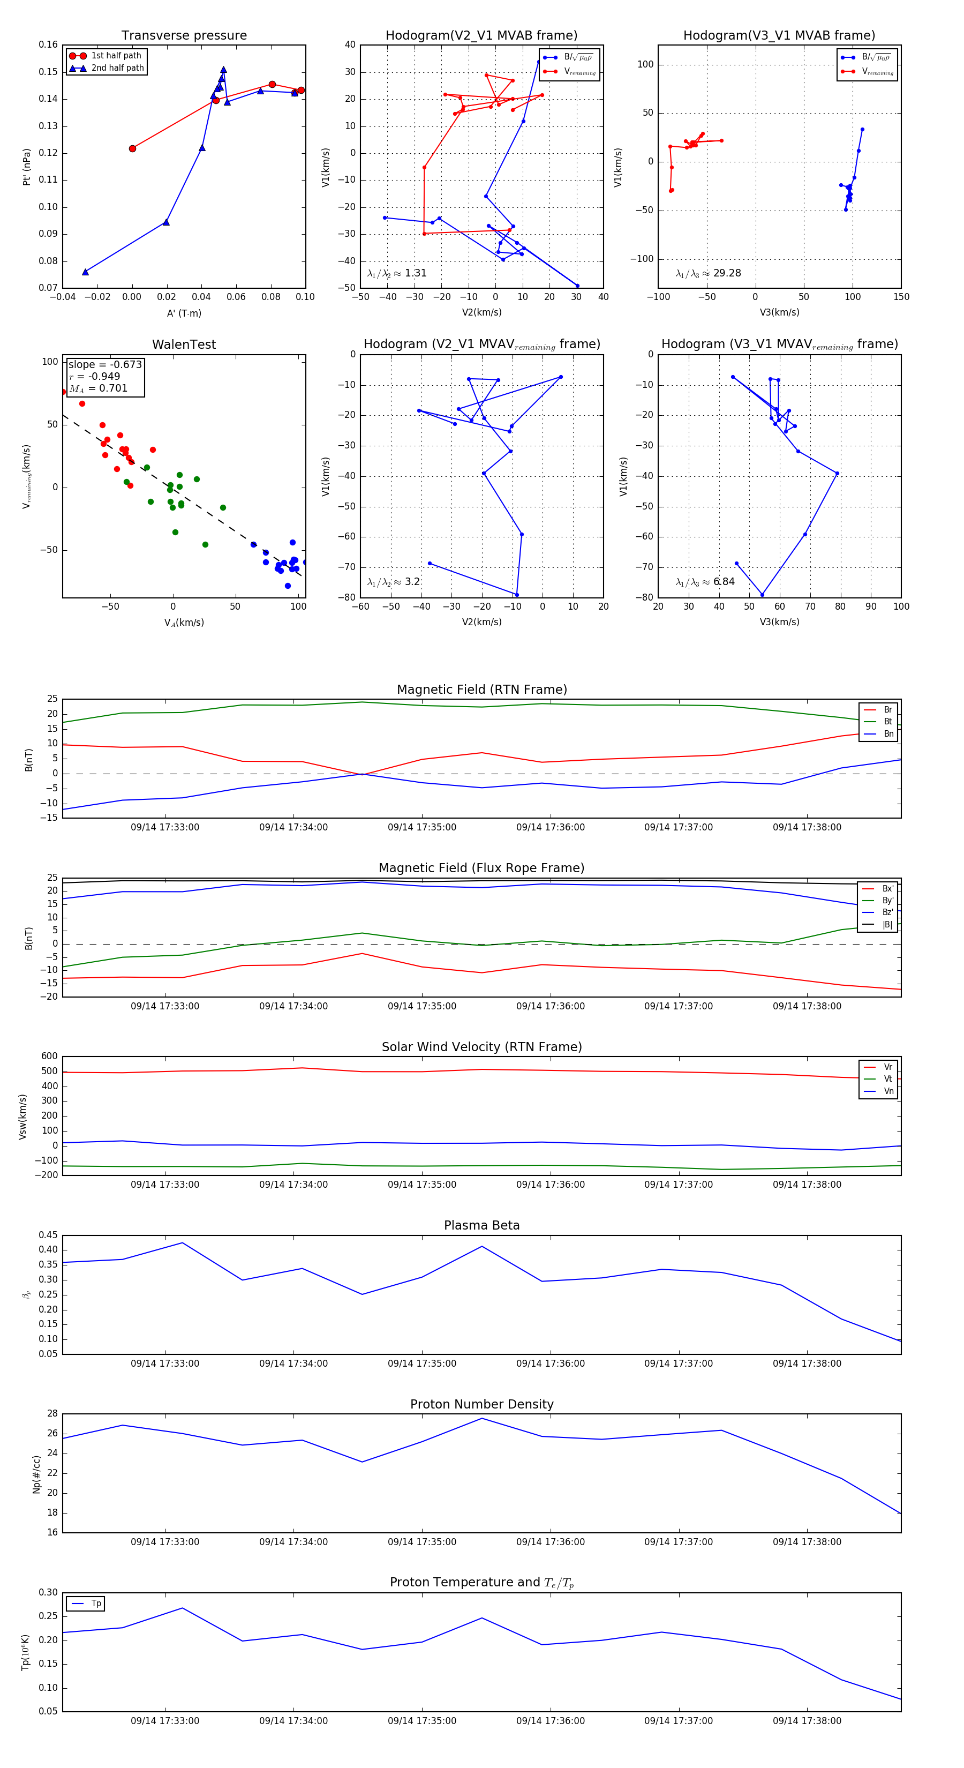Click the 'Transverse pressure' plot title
tap(184, 36)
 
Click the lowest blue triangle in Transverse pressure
tap(86, 272)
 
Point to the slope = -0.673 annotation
tap(105, 364)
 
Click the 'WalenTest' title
tap(184, 344)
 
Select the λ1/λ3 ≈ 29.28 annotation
tap(708, 273)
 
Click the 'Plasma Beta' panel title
tap(481, 1225)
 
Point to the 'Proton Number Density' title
tap(481, 1404)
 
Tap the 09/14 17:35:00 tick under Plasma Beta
tap(422, 1363)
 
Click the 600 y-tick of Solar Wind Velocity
tap(49, 1057)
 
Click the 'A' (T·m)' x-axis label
tap(184, 313)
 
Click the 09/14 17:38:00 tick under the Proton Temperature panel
tap(807, 1721)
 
